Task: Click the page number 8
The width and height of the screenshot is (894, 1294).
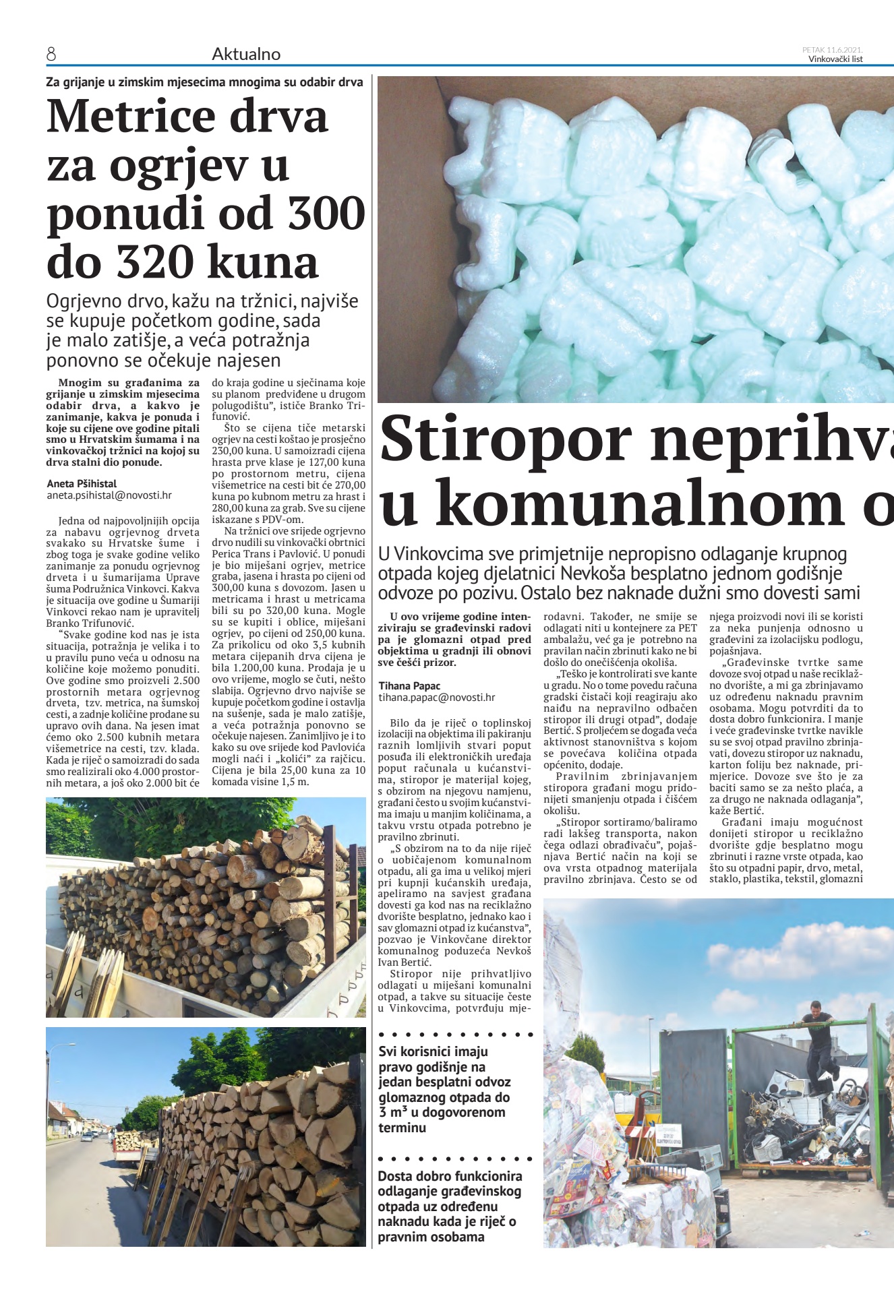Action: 51,55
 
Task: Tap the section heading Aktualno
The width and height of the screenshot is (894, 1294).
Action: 246,55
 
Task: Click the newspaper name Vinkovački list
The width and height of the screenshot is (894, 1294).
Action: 835,59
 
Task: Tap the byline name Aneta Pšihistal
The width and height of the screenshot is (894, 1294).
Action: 82,483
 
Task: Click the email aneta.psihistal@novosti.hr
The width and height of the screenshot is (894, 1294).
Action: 109,495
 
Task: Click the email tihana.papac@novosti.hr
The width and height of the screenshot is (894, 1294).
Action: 436,698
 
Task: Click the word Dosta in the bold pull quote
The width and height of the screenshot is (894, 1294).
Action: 395,1176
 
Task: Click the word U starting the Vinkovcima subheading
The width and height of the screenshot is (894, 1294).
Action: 384,554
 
